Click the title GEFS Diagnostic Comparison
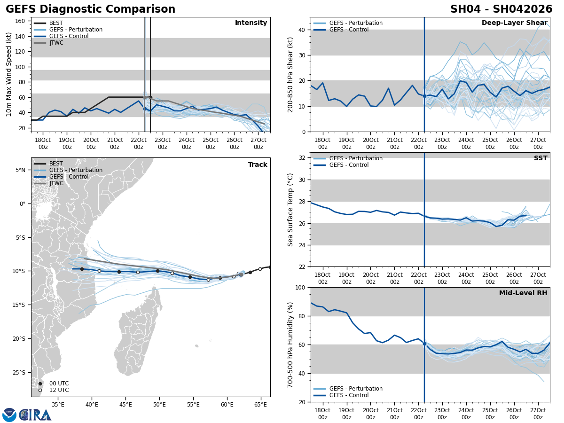pyautogui.click(x=90, y=9)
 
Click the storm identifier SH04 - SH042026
pyautogui.click(x=501, y=9)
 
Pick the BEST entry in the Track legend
pyautogui.click(x=56, y=164)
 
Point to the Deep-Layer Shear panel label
pyautogui.click(x=514, y=23)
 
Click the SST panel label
pyautogui.click(x=540, y=158)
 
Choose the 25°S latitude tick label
pyautogui.click(x=20, y=373)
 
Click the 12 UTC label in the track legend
pyautogui.click(x=59, y=390)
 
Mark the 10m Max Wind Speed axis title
pyautogui.click(x=9, y=74)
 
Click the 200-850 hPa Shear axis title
pyautogui.click(x=290, y=74)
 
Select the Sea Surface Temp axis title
pyautogui.click(x=290, y=210)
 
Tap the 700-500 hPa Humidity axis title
pyautogui.click(x=290, y=345)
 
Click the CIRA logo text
pyautogui.click(x=35, y=415)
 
